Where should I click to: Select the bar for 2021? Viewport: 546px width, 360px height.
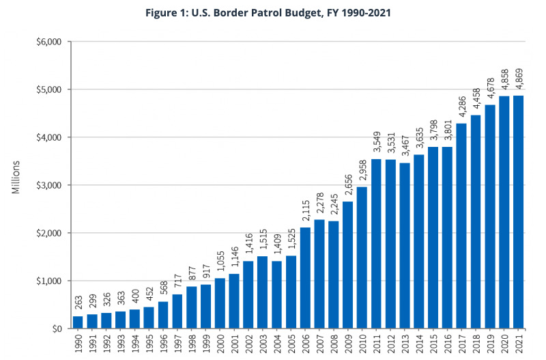click(x=519, y=212)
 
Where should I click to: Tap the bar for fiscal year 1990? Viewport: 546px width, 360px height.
click(x=78, y=322)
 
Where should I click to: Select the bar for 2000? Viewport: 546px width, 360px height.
click(x=220, y=303)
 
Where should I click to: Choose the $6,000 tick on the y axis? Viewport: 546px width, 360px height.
click(x=48, y=42)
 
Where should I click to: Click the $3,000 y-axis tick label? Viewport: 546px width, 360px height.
click(x=48, y=185)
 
